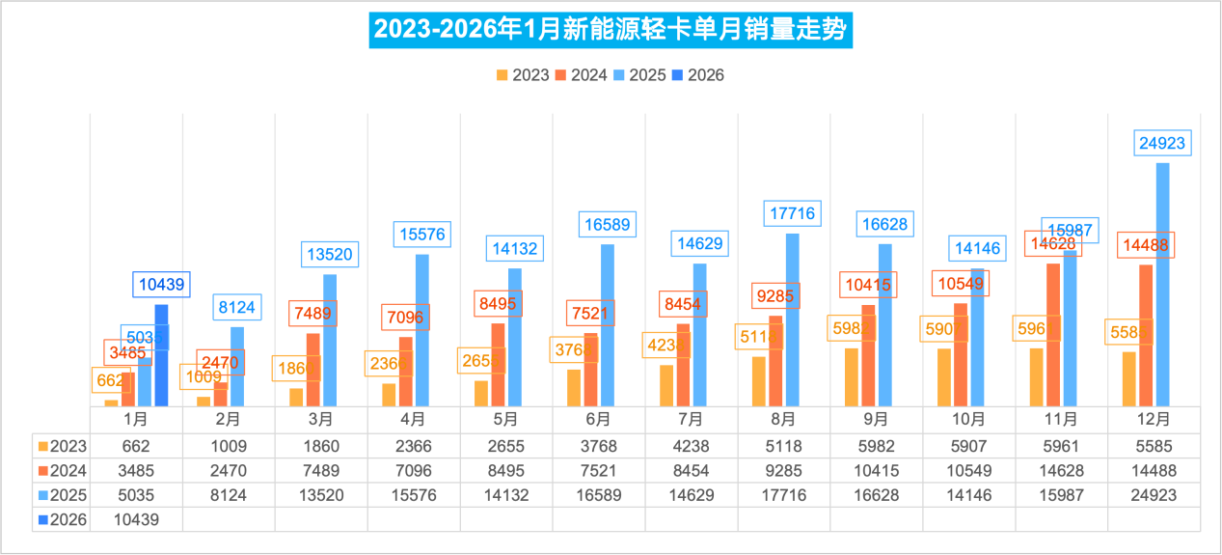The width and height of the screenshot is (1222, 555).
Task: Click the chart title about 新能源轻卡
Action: click(610, 30)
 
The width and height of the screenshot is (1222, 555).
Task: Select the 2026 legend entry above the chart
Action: click(697, 75)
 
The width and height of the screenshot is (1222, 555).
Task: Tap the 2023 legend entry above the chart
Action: click(522, 75)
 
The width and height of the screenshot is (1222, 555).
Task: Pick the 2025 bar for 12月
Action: click(1162, 285)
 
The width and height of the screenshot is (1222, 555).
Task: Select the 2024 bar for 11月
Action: click(1053, 334)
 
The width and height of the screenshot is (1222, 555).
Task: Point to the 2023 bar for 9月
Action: click(851, 376)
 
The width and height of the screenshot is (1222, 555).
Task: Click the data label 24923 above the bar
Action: click(1161, 144)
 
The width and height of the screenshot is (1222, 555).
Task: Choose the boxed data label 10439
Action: click(161, 285)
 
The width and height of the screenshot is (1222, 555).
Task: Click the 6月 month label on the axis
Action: click(598, 420)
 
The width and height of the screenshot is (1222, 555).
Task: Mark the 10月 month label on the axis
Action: click(968, 420)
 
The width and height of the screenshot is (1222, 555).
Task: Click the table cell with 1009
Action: click(229, 446)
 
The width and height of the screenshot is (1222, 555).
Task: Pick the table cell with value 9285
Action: click(783, 471)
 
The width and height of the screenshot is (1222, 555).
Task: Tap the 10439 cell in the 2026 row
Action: click(136, 519)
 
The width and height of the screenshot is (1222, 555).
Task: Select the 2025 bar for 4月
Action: click(421, 330)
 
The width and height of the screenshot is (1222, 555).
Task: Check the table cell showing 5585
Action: click(1154, 446)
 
